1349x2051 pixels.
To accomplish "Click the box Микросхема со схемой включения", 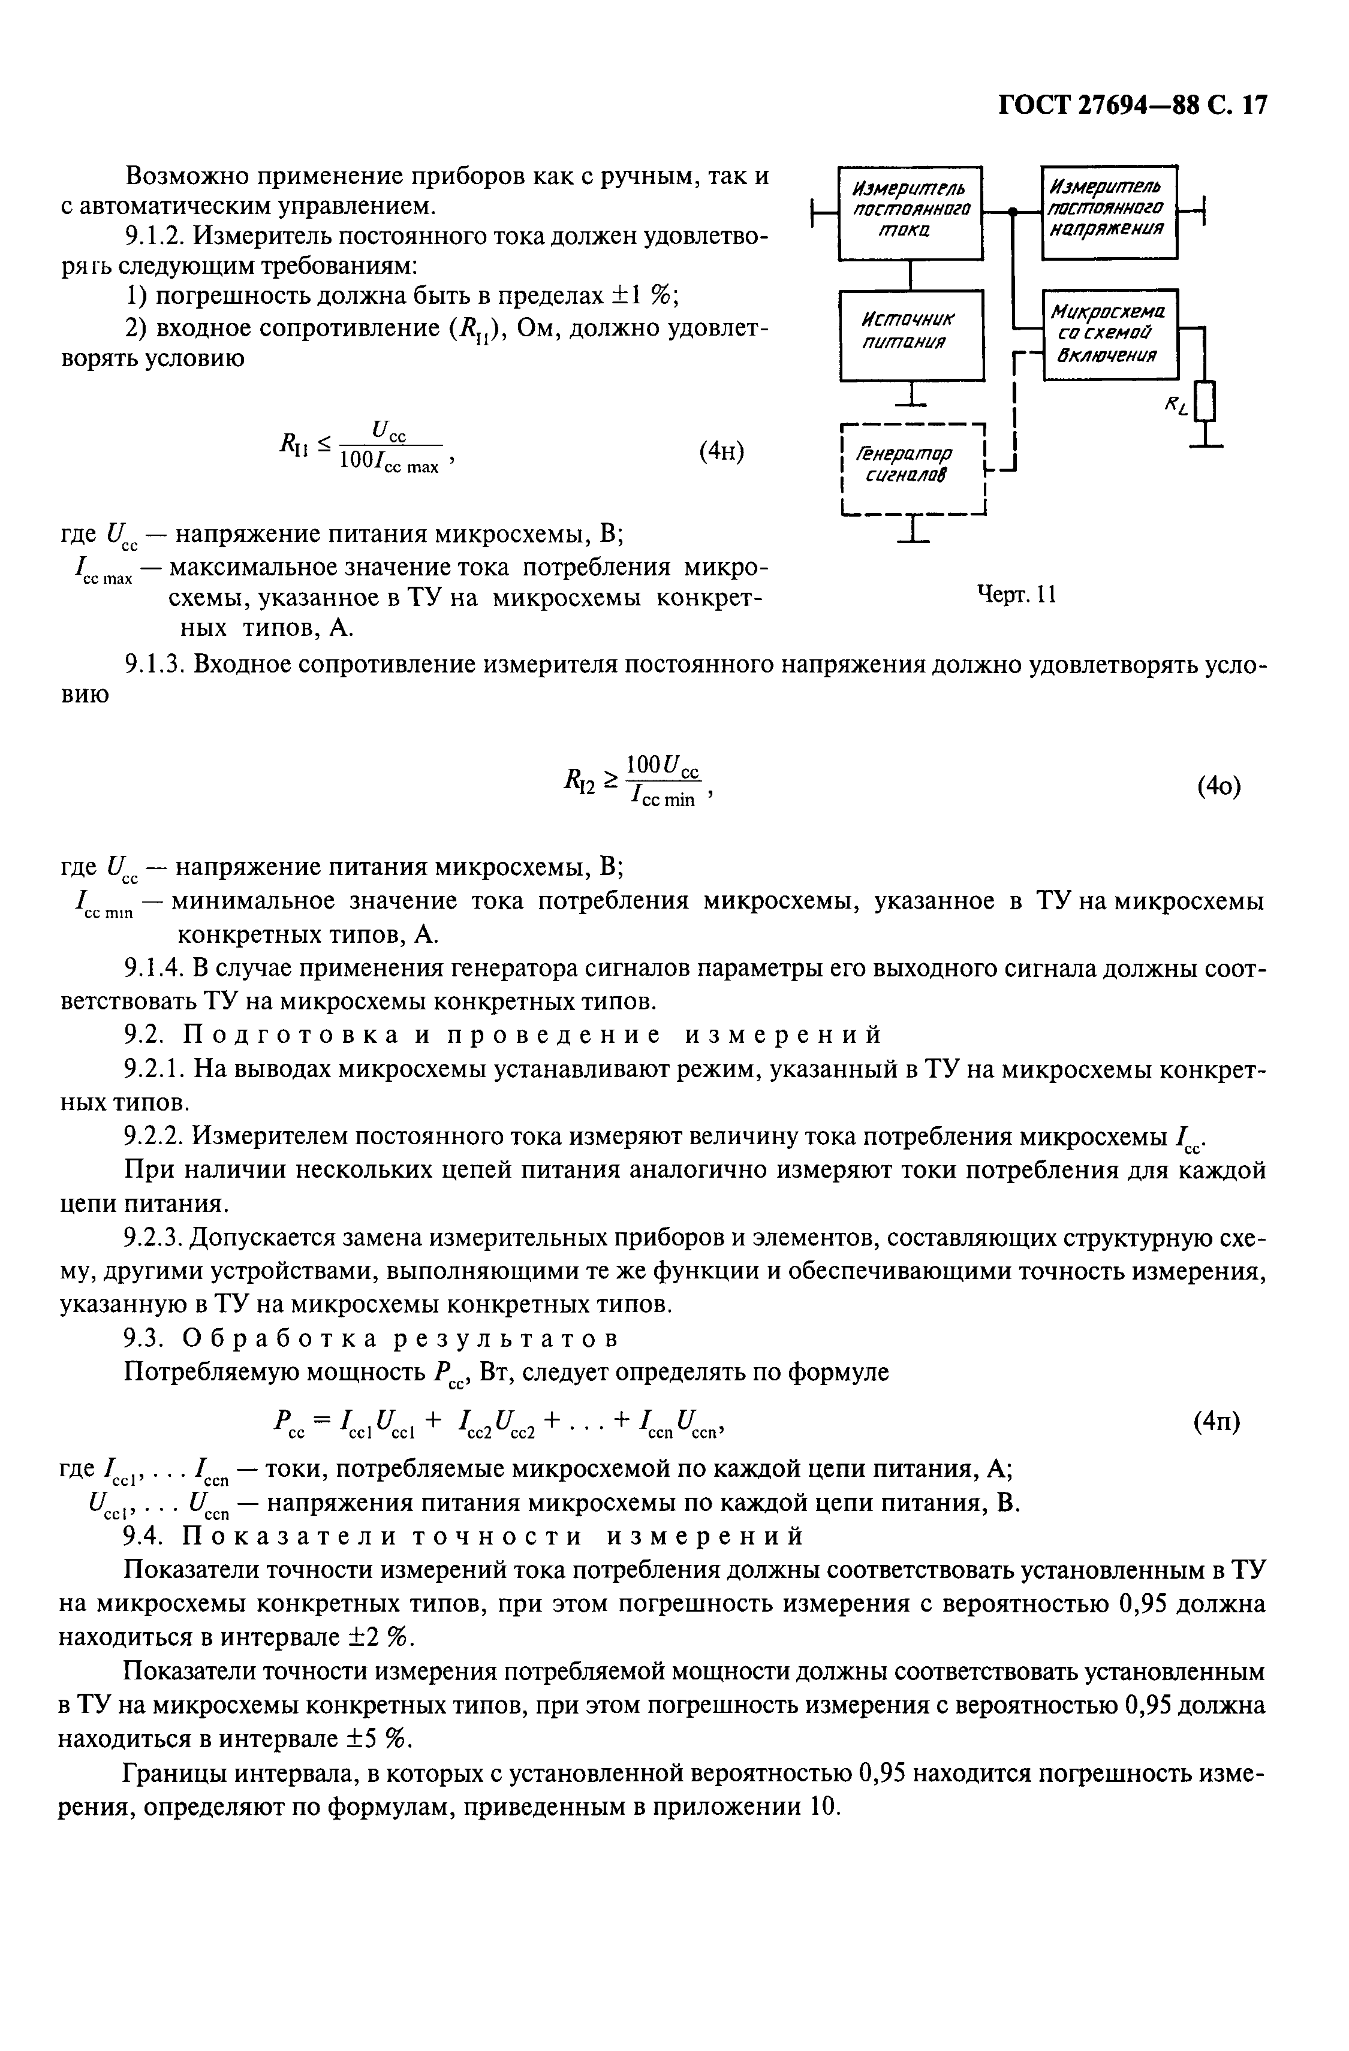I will click(x=1110, y=334).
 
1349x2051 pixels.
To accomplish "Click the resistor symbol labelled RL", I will click(x=1211, y=400).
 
